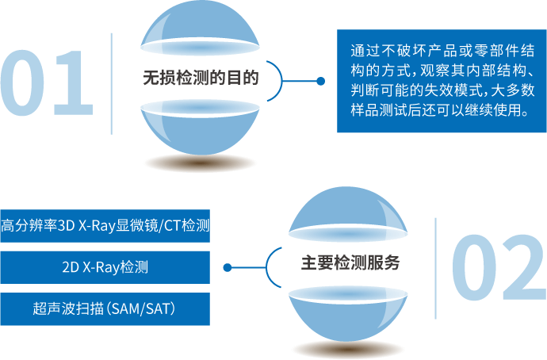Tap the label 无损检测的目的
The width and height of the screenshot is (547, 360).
pos(201,79)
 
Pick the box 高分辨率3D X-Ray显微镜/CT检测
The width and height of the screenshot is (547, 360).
pos(105,225)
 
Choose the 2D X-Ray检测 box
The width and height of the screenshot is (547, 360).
pos(105,267)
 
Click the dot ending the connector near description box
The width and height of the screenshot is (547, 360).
pos(320,81)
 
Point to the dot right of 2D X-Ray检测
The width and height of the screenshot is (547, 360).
pos(227,267)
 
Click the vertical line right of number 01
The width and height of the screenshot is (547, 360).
pos(112,82)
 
